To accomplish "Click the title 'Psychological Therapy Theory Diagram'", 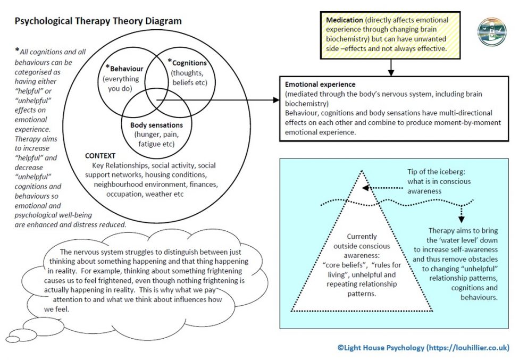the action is click(98, 21).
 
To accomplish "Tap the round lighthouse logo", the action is click(492, 32).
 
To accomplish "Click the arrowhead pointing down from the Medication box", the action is click(391, 72).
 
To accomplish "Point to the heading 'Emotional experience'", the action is click(320, 85).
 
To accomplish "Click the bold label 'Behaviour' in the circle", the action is click(127, 69).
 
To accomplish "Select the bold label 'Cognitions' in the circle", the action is click(189, 63).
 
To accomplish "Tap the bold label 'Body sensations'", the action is click(156, 125).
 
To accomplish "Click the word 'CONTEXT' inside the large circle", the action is click(101, 156).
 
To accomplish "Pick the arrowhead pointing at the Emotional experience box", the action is click(275, 99).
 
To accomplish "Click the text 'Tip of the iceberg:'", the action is click(436, 172).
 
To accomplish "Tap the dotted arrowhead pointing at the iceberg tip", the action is click(366, 188).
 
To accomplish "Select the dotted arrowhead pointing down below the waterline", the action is click(462, 219).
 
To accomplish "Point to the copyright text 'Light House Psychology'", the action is click(384, 348).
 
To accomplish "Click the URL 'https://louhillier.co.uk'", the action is click(467, 348).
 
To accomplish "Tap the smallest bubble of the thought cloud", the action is click(13, 339).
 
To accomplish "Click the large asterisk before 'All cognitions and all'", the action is click(17, 50).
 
